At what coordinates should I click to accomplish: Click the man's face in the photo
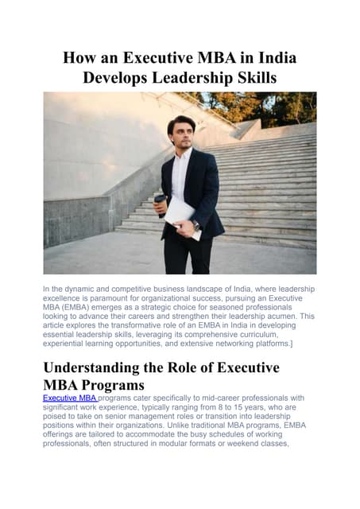[181, 132]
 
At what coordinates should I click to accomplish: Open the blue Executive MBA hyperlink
[70, 398]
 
